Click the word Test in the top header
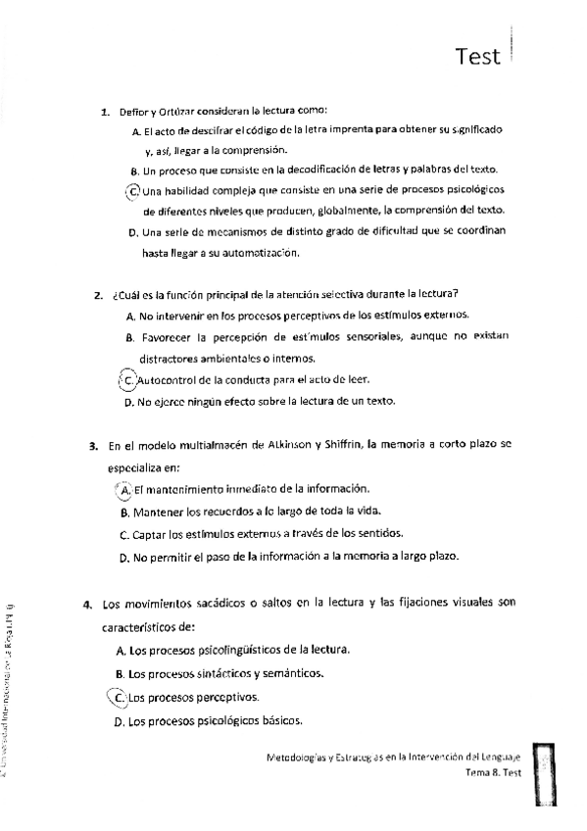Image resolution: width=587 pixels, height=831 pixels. pos(478,57)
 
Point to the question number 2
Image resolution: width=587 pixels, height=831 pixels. pos(99,294)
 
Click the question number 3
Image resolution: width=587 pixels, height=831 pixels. pos(92,446)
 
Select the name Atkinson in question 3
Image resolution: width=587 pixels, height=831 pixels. pos(286,446)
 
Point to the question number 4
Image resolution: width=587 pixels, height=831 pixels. pos(88,603)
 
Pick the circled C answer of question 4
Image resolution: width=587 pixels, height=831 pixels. pos(120,698)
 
